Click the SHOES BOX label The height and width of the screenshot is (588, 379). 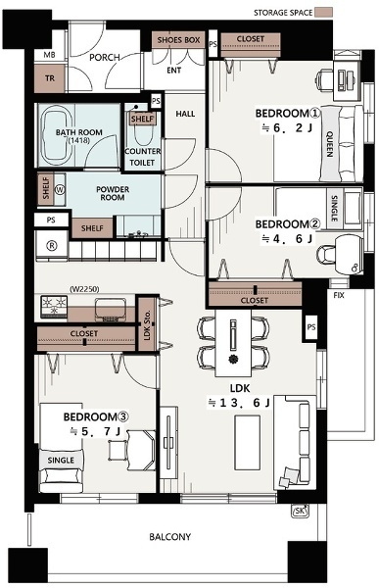pyautogui.click(x=178, y=40)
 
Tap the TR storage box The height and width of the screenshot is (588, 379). pyautogui.click(x=50, y=78)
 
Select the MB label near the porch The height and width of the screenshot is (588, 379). pyautogui.click(x=49, y=55)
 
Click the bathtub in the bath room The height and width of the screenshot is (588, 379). pyautogui.click(x=56, y=135)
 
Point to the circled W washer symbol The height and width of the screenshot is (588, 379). pyautogui.click(x=60, y=190)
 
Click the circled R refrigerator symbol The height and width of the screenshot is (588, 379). pyautogui.click(x=51, y=246)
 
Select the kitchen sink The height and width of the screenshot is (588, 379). pyautogui.click(x=111, y=310)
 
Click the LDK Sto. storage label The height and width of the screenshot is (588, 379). pyautogui.click(x=147, y=325)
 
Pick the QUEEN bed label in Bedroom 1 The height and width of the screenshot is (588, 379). pyautogui.click(x=329, y=144)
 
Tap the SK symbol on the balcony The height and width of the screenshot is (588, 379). pyautogui.click(x=301, y=512)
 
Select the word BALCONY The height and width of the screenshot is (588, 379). pyautogui.click(x=169, y=537)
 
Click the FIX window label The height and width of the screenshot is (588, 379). pyautogui.click(x=339, y=296)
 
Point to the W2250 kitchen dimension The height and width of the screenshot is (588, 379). pyautogui.click(x=84, y=289)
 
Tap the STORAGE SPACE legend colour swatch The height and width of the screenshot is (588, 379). pyautogui.click(x=323, y=13)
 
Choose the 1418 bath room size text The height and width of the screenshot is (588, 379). pyautogui.click(x=79, y=140)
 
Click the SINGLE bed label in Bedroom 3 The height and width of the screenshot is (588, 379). pyautogui.click(x=61, y=461)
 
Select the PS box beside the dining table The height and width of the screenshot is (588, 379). pyautogui.click(x=310, y=327)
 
